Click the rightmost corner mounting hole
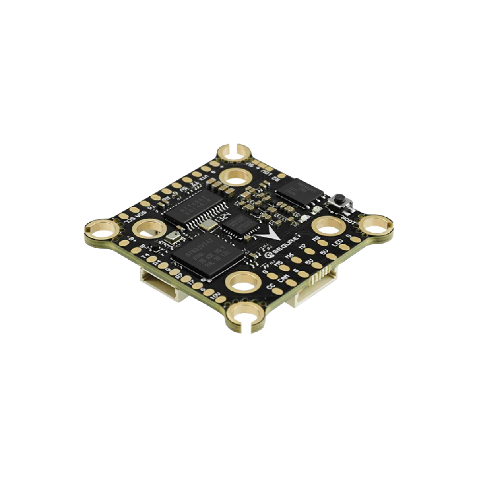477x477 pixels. [374, 225]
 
